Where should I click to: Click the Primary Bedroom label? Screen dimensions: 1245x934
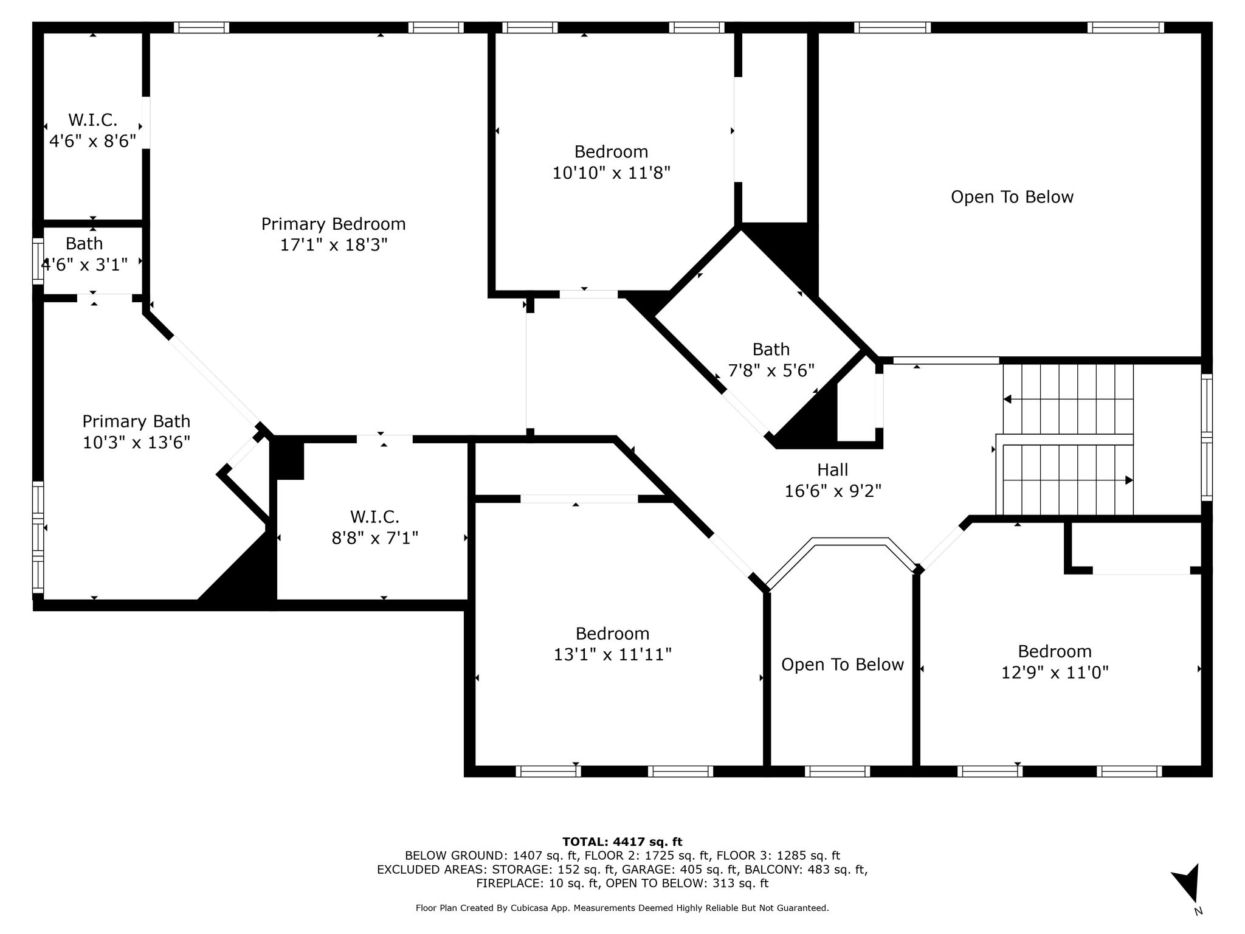333,224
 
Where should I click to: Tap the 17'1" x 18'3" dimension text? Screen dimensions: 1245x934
333,245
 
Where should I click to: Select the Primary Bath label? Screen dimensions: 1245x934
136,421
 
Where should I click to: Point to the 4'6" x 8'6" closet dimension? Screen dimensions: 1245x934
92,141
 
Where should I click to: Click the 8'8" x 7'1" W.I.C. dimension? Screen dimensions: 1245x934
375,538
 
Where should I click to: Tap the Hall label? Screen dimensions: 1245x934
832,469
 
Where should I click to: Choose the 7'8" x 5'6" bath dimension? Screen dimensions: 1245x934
771,370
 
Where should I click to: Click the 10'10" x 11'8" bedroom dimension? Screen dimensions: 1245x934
612,173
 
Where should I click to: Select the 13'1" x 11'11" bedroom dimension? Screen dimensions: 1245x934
612,654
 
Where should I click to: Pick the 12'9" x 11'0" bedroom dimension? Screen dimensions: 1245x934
1055,673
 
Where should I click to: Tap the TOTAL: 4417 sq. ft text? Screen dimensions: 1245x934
622,842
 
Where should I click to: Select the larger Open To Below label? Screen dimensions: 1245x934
1012,197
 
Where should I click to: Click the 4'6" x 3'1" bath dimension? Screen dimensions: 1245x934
84,265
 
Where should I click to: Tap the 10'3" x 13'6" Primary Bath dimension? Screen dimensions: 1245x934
136,442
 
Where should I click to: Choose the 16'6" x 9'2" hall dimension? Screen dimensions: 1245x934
833,491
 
